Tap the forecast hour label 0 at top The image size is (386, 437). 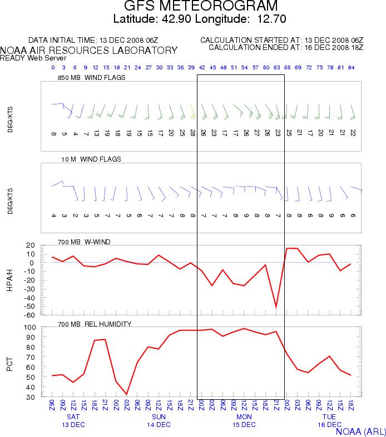(x=53, y=67)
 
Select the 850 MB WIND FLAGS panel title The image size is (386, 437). (x=91, y=78)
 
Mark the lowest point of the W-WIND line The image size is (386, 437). (x=276, y=307)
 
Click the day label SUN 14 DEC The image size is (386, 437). (x=159, y=420)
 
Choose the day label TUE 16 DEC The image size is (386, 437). (x=329, y=420)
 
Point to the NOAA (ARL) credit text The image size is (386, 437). (x=361, y=430)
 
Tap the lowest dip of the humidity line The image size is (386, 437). (x=127, y=394)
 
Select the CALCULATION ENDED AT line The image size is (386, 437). (x=282, y=47)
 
